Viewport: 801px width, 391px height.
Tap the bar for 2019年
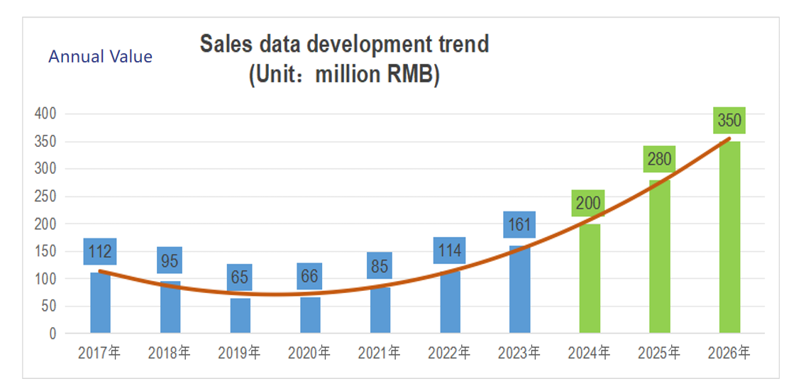coord(240,316)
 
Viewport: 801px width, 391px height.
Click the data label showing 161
coord(519,225)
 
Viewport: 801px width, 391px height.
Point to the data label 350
coord(729,121)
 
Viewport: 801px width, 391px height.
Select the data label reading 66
coord(309,276)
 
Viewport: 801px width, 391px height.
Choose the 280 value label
coord(659,159)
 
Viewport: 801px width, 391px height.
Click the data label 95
coord(170,260)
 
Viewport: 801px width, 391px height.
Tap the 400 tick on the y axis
coord(45,114)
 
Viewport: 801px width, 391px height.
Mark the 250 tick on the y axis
coord(45,197)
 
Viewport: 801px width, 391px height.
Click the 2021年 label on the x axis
coord(379,353)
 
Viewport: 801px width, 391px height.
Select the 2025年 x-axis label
coord(659,353)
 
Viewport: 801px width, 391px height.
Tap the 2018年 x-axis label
coord(170,353)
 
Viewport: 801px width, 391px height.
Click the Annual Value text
coord(100,57)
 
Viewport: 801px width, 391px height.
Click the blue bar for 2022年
coord(450,302)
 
